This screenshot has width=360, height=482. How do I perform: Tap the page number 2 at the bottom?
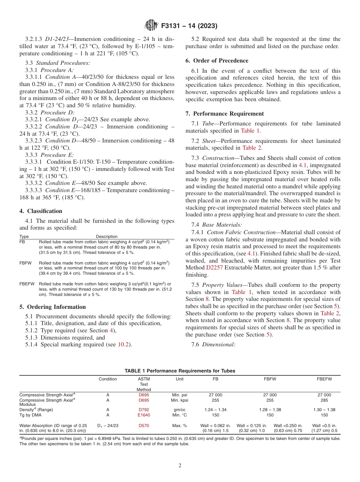click(x=180, y=466)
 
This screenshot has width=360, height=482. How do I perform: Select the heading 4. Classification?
click(x=41, y=211)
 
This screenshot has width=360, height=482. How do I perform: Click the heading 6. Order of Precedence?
click(x=217, y=61)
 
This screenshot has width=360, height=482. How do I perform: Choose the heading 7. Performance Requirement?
click(x=225, y=114)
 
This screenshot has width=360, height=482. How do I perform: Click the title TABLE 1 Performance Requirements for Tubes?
click(x=180, y=371)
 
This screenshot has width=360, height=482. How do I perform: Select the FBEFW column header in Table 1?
click(x=324, y=379)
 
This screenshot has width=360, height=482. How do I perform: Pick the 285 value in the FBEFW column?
click(x=324, y=400)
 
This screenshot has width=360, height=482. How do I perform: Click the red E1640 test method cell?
click(x=144, y=415)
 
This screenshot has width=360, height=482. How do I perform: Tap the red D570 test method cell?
click(x=144, y=426)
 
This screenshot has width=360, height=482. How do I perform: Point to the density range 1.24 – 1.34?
click(x=215, y=410)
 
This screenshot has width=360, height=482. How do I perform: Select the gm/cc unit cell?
click(x=179, y=410)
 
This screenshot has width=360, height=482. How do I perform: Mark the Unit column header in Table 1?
click(x=179, y=379)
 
